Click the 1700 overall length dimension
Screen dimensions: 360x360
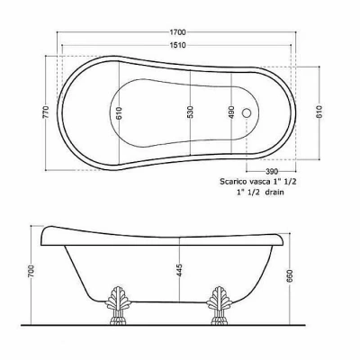pyautogui.click(x=178, y=31)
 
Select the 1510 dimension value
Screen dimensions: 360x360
pyautogui.click(x=178, y=45)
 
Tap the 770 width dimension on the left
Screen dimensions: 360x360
pyautogui.click(x=46, y=112)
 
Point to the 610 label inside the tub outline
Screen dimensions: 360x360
pyautogui.click(x=119, y=113)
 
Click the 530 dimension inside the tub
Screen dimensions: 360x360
pyautogui.click(x=191, y=112)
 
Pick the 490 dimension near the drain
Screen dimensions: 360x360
pyautogui.click(x=231, y=112)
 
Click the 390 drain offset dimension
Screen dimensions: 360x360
pyautogui.click(x=272, y=172)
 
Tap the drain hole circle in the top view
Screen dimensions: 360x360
pyautogui.click(x=247, y=112)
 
